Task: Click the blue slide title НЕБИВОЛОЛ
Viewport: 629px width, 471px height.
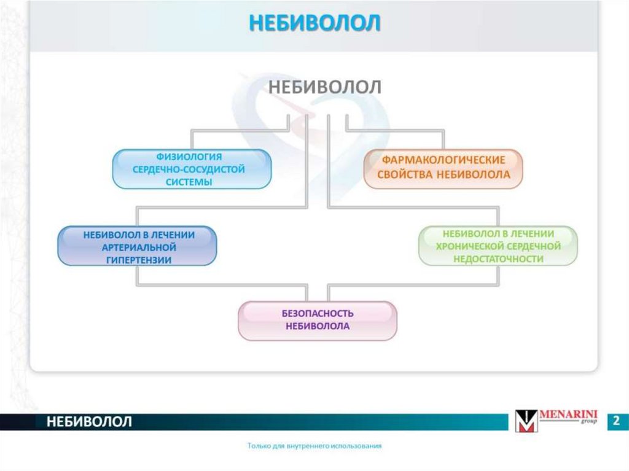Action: (314, 24)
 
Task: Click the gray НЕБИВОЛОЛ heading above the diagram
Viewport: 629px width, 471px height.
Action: (324, 87)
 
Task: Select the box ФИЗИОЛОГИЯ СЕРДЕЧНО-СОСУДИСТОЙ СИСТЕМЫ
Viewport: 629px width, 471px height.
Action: (191, 169)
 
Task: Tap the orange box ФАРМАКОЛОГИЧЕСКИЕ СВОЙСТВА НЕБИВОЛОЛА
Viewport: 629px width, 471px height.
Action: (443, 167)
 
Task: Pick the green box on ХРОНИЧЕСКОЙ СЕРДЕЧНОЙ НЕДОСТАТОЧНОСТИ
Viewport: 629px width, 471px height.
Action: (498, 246)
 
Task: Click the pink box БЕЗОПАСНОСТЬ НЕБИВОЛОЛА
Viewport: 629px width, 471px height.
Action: (318, 320)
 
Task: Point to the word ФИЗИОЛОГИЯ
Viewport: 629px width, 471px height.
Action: (188, 157)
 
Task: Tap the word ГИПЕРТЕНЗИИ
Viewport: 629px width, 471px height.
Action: (139, 260)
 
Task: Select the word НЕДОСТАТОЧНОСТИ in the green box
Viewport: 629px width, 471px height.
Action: (498, 259)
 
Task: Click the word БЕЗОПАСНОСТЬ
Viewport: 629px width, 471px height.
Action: (318, 313)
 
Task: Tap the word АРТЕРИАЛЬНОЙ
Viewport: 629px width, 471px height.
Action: (139, 247)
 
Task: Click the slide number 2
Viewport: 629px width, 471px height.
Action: (617, 421)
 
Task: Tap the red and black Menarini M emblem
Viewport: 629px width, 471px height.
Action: (525, 421)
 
